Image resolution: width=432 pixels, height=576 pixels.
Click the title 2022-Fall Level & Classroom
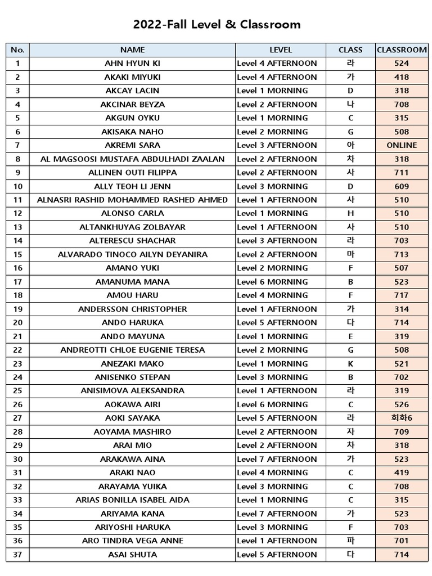(x=217, y=24)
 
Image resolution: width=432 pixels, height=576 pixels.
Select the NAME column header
(x=132, y=49)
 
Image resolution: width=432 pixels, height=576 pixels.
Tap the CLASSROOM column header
(x=402, y=49)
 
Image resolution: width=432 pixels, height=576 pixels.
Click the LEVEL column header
(x=281, y=49)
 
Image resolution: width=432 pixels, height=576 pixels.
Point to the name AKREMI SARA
(x=132, y=145)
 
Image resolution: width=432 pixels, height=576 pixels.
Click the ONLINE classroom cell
(x=402, y=145)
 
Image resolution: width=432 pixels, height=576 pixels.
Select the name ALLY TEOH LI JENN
(x=132, y=186)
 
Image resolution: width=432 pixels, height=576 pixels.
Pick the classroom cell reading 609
(x=402, y=186)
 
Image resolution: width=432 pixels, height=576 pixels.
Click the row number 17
(x=18, y=282)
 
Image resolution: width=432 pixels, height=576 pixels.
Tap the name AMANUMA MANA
(x=132, y=282)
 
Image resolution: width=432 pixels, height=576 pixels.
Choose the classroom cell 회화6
(x=402, y=418)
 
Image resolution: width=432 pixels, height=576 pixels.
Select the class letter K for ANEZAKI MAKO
(x=351, y=363)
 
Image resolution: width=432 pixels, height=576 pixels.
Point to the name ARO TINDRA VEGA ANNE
(x=132, y=541)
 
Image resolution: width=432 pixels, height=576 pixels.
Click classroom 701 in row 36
(x=402, y=541)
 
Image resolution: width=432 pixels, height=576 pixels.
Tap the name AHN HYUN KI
(x=132, y=64)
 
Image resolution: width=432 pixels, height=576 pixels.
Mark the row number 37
(x=18, y=555)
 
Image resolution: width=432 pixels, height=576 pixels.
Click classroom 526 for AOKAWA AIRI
(x=402, y=404)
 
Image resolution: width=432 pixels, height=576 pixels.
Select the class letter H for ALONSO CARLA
(x=351, y=213)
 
